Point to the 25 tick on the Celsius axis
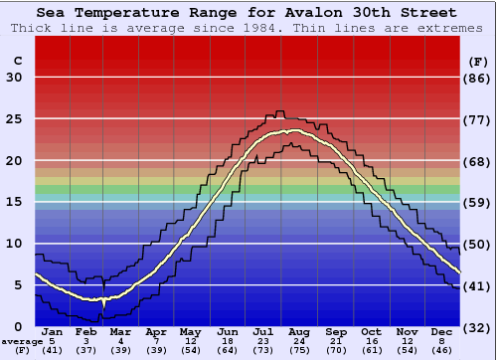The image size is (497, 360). (x=14, y=119)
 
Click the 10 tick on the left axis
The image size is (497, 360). (x=14, y=244)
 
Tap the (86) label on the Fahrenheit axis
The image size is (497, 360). (x=478, y=79)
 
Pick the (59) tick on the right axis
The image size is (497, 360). (x=478, y=203)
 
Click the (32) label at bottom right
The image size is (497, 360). (x=478, y=327)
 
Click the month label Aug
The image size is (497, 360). (x=300, y=332)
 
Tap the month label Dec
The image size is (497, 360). (x=442, y=332)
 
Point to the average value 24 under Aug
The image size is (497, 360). (x=300, y=341)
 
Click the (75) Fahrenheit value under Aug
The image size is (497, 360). (x=300, y=350)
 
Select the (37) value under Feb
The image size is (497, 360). (x=86, y=350)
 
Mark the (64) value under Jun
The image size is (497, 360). (x=229, y=350)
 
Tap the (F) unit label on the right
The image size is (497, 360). (x=478, y=61)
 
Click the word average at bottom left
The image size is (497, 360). (x=21, y=341)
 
